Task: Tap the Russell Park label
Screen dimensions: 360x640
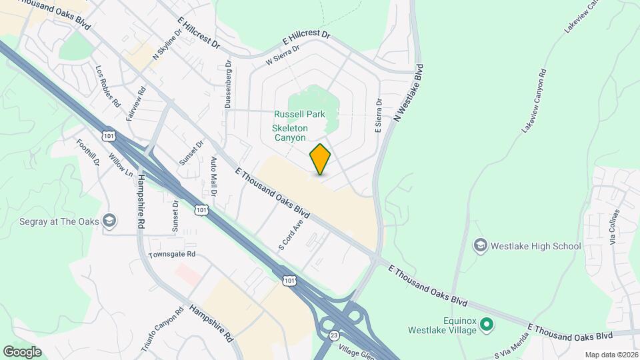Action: (300, 114)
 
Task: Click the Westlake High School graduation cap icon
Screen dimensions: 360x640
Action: (480, 246)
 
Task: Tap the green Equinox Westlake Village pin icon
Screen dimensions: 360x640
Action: (487, 325)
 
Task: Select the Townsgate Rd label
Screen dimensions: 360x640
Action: (172, 254)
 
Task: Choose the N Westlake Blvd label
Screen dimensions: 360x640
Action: (409, 92)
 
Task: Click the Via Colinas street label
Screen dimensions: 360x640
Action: (615, 227)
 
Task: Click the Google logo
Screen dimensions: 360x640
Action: (22, 351)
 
